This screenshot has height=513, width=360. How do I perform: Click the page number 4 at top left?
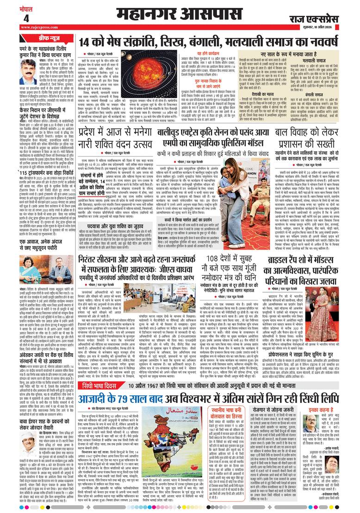click(26, 18)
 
